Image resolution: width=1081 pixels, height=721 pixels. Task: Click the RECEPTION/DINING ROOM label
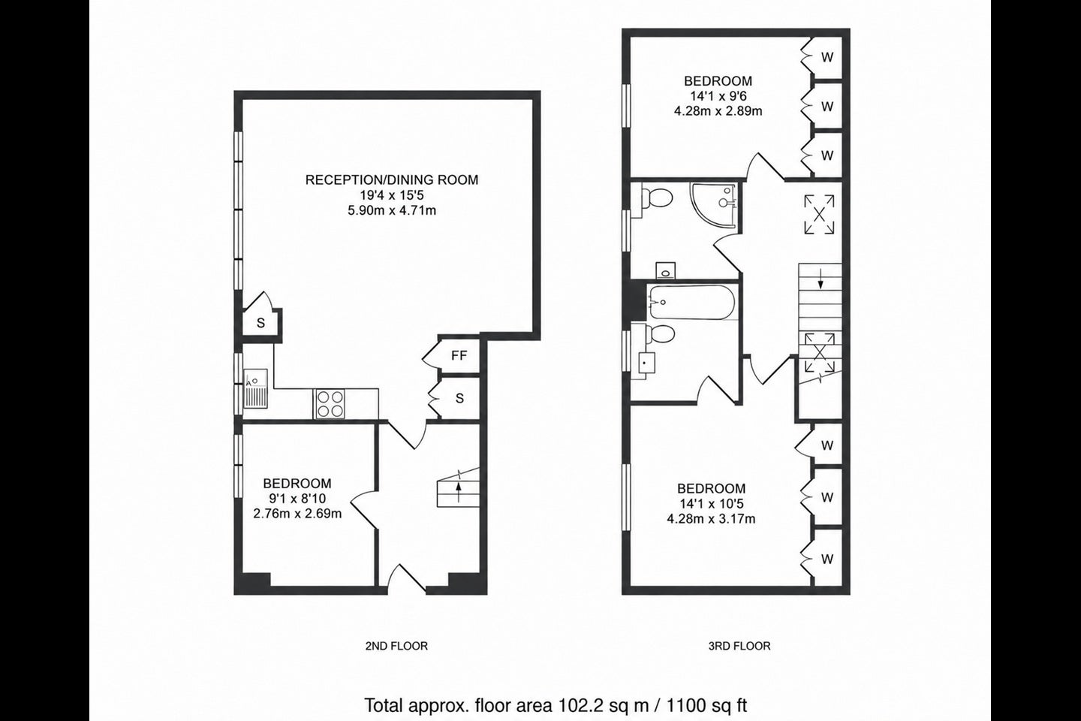(392, 180)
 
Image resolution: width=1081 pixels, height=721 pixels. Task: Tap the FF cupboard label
(459, 356)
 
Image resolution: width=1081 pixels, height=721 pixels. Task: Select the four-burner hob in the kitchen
(330, 404)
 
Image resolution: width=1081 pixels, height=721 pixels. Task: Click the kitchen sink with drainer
(255, 388)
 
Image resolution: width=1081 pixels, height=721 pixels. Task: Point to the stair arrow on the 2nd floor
(459, 492)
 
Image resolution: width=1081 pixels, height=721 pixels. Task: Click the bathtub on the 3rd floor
(692, 303)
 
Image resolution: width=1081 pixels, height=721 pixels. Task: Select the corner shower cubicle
(714, 205)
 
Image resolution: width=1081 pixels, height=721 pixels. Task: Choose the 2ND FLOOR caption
(396, 646)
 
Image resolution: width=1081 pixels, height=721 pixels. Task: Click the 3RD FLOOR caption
(739, 646)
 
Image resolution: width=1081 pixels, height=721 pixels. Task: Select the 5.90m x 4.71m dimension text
(392, 211)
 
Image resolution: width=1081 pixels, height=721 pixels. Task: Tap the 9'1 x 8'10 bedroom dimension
(297, 499)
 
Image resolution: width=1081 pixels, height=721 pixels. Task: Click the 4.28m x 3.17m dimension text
(711, 519)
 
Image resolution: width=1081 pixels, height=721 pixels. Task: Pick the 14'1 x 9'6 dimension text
(718, 96)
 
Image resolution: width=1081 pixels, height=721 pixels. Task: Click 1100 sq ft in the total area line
(707, 706)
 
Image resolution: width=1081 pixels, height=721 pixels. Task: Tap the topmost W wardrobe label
(827, 58)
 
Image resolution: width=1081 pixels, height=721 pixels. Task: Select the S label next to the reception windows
(261, 323)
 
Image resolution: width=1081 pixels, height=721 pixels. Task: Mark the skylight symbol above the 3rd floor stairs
(819, 214)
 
